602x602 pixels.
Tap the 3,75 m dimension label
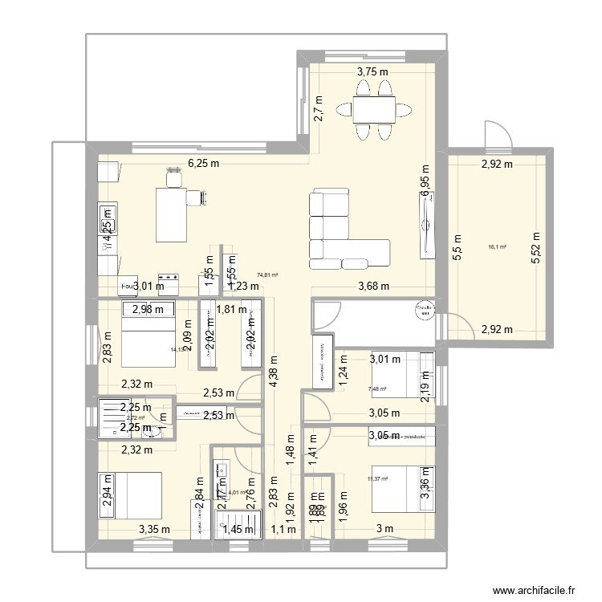pyautogui.click(x=372, y=72)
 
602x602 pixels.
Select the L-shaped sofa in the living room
pyautogui.click(x=341, y=229)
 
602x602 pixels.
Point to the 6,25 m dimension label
pyautogui.click(x=204, y=163)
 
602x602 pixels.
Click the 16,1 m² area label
pyautogui.click(x=498, y=247)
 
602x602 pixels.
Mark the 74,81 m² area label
pyautogui.click(x=266, y=275)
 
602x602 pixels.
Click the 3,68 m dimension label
pyautogui.click(x=373, y=286)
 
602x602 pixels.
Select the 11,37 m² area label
pyautogui.click(x=376, y=479)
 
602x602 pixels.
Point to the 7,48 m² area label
pyautogui.click(x=376, y=390)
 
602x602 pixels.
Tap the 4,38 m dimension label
pyautogui.click(x=275, y=372)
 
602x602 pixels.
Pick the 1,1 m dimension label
pyautogui.click(x=278, y=527)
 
